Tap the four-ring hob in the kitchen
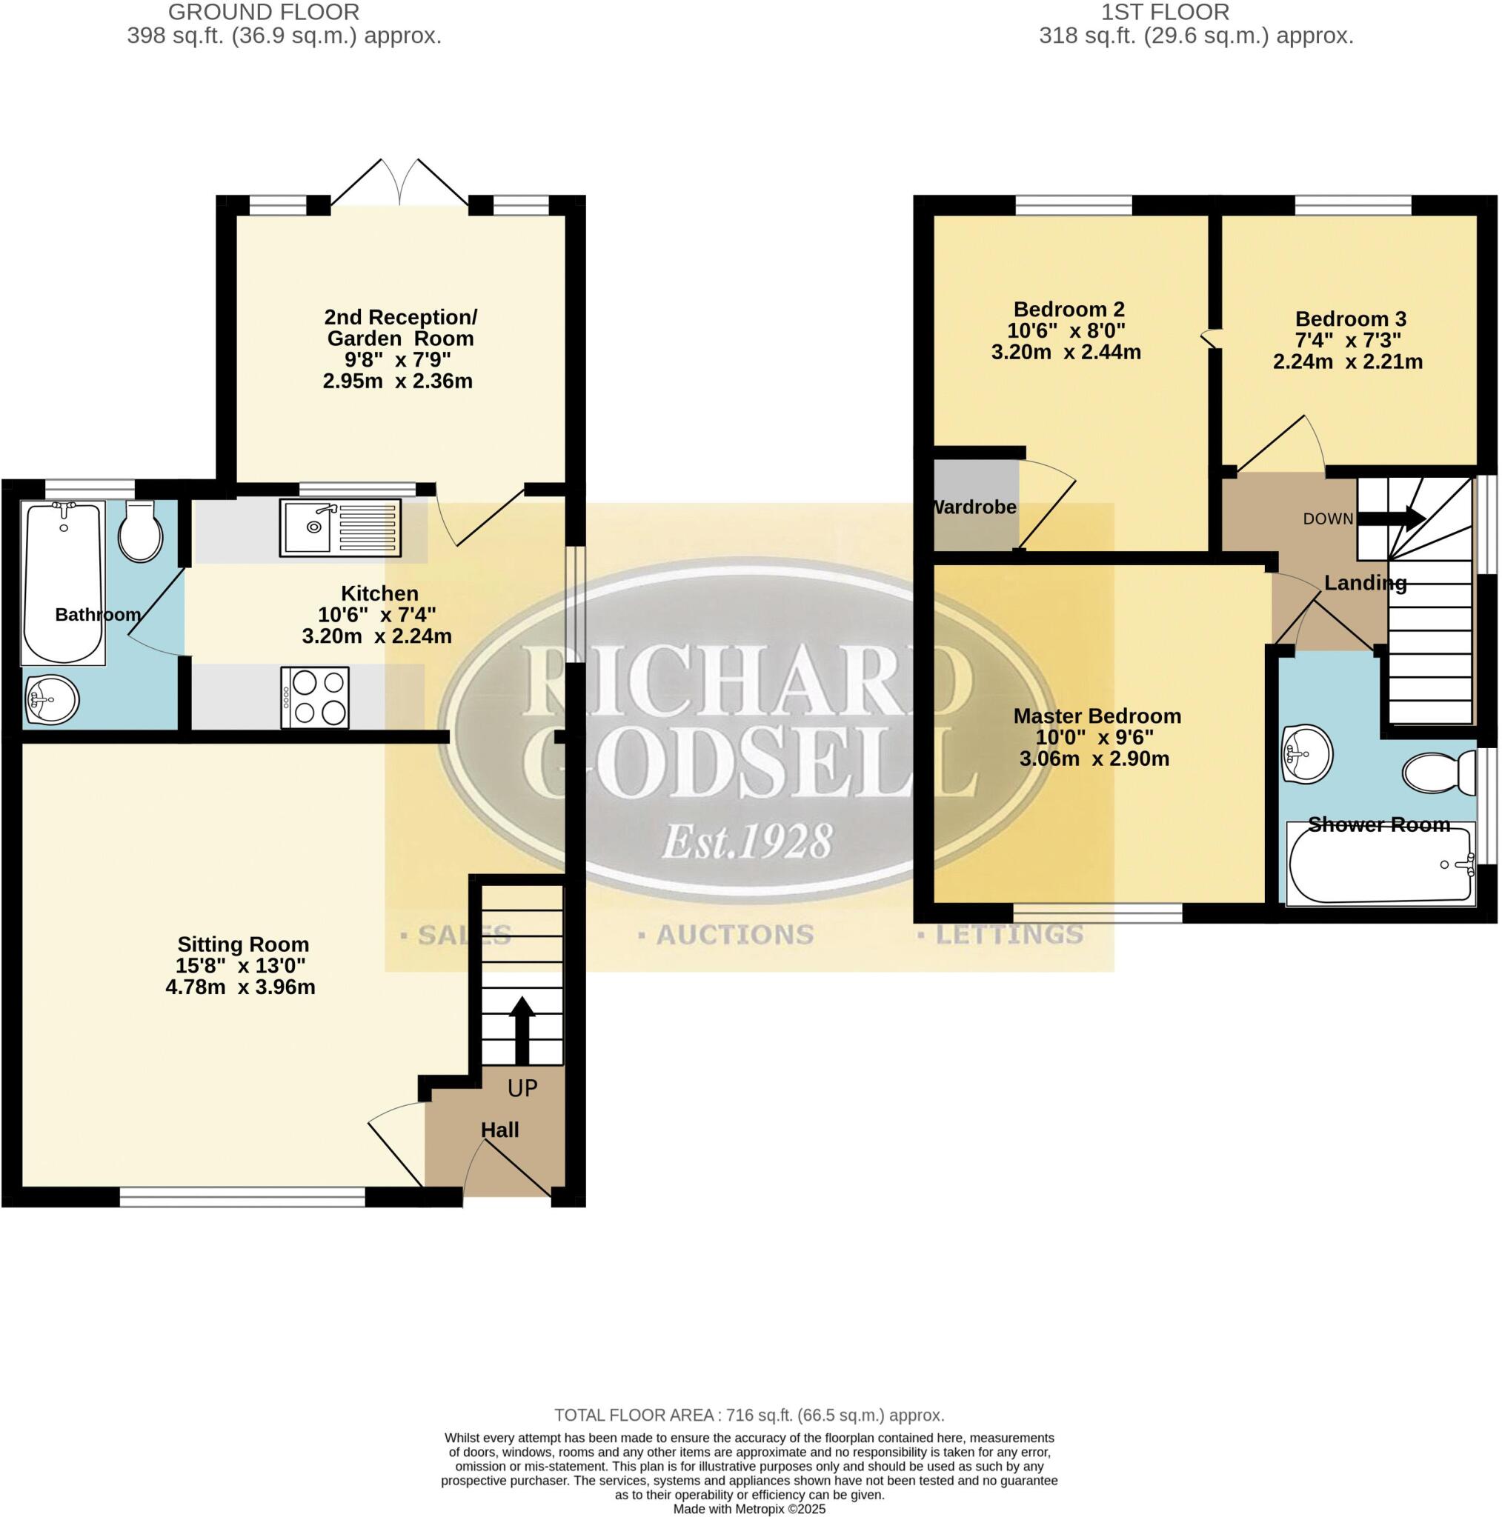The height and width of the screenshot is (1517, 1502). click(x=315, y=697)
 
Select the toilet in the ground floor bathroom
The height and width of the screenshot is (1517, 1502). click(x=141, y=532)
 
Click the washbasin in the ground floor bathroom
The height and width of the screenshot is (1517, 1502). click(x=52, y=701)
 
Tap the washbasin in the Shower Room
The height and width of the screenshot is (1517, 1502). click(x=1307, y=755)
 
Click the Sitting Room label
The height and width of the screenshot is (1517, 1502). click(x=243, y=944)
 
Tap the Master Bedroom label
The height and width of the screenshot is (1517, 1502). click(x=1097, y=716)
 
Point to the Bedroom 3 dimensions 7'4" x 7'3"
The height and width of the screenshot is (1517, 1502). click(x=1348, y=341)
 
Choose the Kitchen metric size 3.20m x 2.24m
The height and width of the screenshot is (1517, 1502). click(x=377, y=636)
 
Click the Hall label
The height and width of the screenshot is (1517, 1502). click(x=500, y=1130)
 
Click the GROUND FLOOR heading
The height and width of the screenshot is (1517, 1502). click(x=263, y=13)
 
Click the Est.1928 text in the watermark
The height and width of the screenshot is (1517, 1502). click(x=747, y=841)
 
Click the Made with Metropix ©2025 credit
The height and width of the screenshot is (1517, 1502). click(x=749, y=1508)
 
